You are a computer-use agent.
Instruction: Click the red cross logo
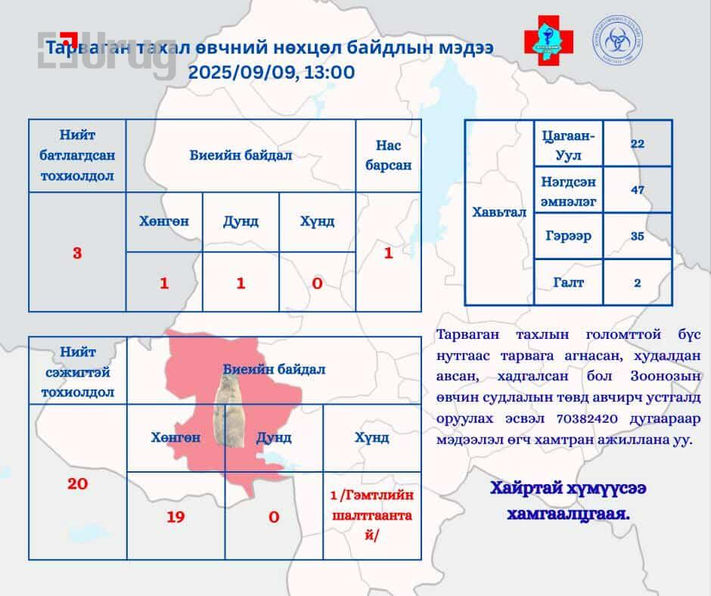point(548,40)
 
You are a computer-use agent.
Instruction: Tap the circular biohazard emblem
point(618,39)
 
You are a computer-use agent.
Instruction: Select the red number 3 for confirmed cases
point(77,253)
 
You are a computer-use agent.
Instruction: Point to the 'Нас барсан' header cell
point(389,155)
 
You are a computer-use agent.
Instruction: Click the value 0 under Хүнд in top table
point(317,284)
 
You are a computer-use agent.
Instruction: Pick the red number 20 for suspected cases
point(78,484)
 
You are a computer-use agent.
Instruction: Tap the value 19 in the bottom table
point(175,517)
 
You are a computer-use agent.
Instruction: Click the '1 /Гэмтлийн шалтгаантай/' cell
point(372,515)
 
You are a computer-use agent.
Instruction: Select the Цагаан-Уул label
point(568,145)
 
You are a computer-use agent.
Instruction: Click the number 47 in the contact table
point(638,190)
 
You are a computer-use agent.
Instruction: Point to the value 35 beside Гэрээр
point(638,236)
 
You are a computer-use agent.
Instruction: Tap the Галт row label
point(568,282)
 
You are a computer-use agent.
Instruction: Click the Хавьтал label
point(499,213)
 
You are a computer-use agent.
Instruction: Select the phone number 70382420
point(587,418)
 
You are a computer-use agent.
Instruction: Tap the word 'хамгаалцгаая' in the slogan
point(568,514)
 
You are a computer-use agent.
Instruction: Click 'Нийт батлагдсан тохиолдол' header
point(77,155)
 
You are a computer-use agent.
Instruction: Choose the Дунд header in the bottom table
point(274,438)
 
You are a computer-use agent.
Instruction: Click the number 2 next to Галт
point(638,283)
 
